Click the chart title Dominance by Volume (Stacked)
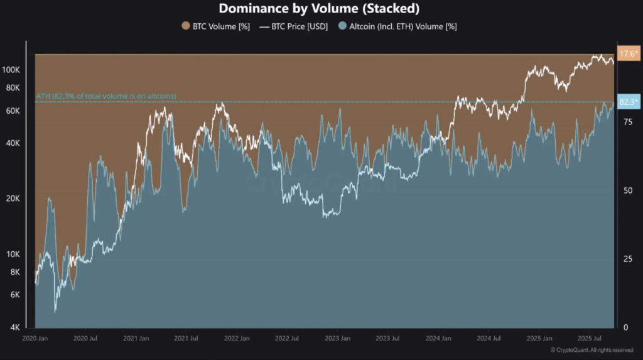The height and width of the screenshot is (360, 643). pyautogui.click(x=319, y=9)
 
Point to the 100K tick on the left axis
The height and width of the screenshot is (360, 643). pyautogui.click(x=13, y=70)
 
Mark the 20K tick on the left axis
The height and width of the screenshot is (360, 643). pyautogui.click(x=14, y=199)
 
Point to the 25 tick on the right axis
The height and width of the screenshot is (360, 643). pyautogui.click(x=625, y=259)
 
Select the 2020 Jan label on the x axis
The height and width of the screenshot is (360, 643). pyautogui.click(x=36, y=339)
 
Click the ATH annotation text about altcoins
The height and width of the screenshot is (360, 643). pyautogui.click(x=105, y=96)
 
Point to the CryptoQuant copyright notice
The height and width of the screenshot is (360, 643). pyautogui.click(x=591, y=350)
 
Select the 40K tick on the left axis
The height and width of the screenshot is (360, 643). pyautogui.click(x=14, y=143)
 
